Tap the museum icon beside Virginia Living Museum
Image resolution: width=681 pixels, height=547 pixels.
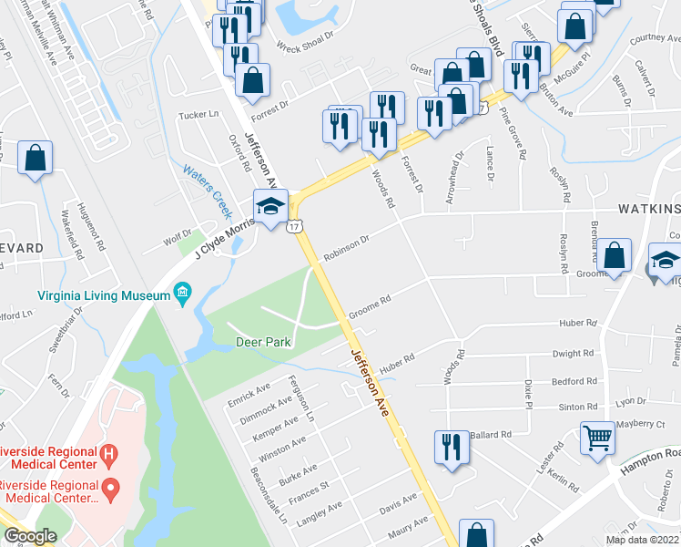[183, 294]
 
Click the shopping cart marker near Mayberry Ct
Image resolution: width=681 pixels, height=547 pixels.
[598, 439]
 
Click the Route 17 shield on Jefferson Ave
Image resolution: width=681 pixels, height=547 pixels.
[295, 226]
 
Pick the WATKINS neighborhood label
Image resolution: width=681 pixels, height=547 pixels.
[649, 210]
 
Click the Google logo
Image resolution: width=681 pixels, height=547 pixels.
[31, 536]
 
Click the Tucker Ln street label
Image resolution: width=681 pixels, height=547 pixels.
[199, 115]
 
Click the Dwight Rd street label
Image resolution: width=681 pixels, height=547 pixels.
[573, 353]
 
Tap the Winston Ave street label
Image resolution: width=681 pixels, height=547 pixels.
[283, 449]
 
